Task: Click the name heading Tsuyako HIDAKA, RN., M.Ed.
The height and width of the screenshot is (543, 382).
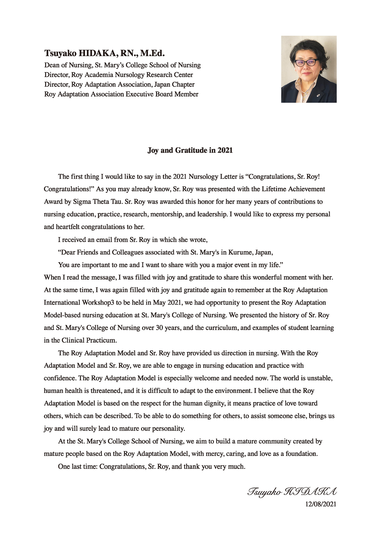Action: (104, 53)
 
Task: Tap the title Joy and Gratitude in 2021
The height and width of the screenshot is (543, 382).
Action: (190, 150)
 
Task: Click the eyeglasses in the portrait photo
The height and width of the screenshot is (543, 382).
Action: (306, 63)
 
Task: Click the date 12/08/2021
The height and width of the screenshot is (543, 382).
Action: (321, 504)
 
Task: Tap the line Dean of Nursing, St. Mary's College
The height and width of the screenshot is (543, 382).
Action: (122, 65)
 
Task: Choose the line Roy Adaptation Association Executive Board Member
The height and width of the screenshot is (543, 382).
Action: (121, 94)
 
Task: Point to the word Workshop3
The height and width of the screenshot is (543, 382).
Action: (98, 303)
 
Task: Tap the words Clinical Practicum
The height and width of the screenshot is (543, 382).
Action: (89, 341)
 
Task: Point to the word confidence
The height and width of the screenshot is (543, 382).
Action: (60, 378)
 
